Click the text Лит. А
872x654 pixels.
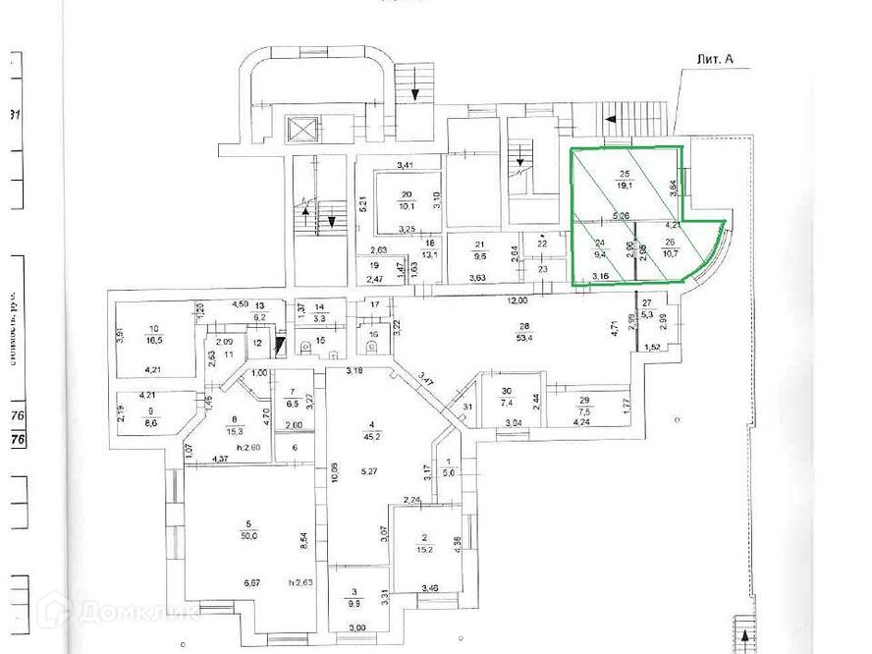pos(713,60)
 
